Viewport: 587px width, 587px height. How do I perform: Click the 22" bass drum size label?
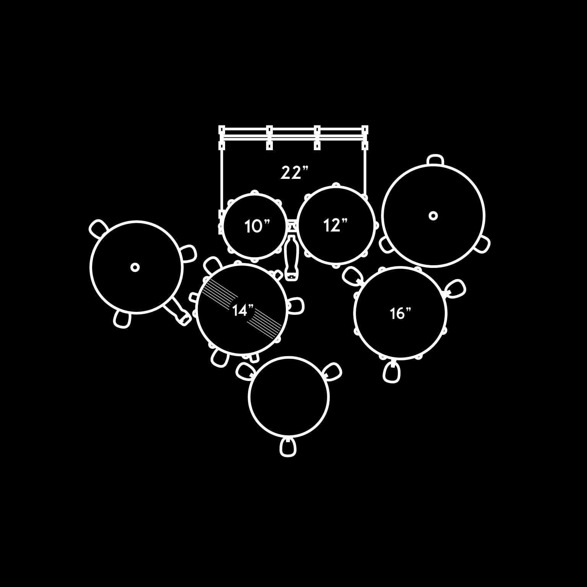(x=294, y=173)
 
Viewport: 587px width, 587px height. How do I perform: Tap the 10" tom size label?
(x=257, y=226)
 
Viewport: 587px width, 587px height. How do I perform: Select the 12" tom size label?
(x=336, y=225)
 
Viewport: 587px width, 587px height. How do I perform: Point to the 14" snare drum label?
(x=243, y=310)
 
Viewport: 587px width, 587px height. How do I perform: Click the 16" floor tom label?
(x=400, y=313)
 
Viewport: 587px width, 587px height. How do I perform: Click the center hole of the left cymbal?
(x=135, y=267)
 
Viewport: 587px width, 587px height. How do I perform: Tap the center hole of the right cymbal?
(x=433, y=216)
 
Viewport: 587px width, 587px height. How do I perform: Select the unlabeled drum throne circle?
(x=289, y=396)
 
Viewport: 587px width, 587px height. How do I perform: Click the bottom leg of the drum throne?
(x=288, y=447)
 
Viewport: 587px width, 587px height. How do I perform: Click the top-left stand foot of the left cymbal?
(x=99, y=228)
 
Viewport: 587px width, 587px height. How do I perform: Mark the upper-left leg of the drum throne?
(x=245, y=370)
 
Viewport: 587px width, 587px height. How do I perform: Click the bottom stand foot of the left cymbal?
(x=122, y=319)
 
